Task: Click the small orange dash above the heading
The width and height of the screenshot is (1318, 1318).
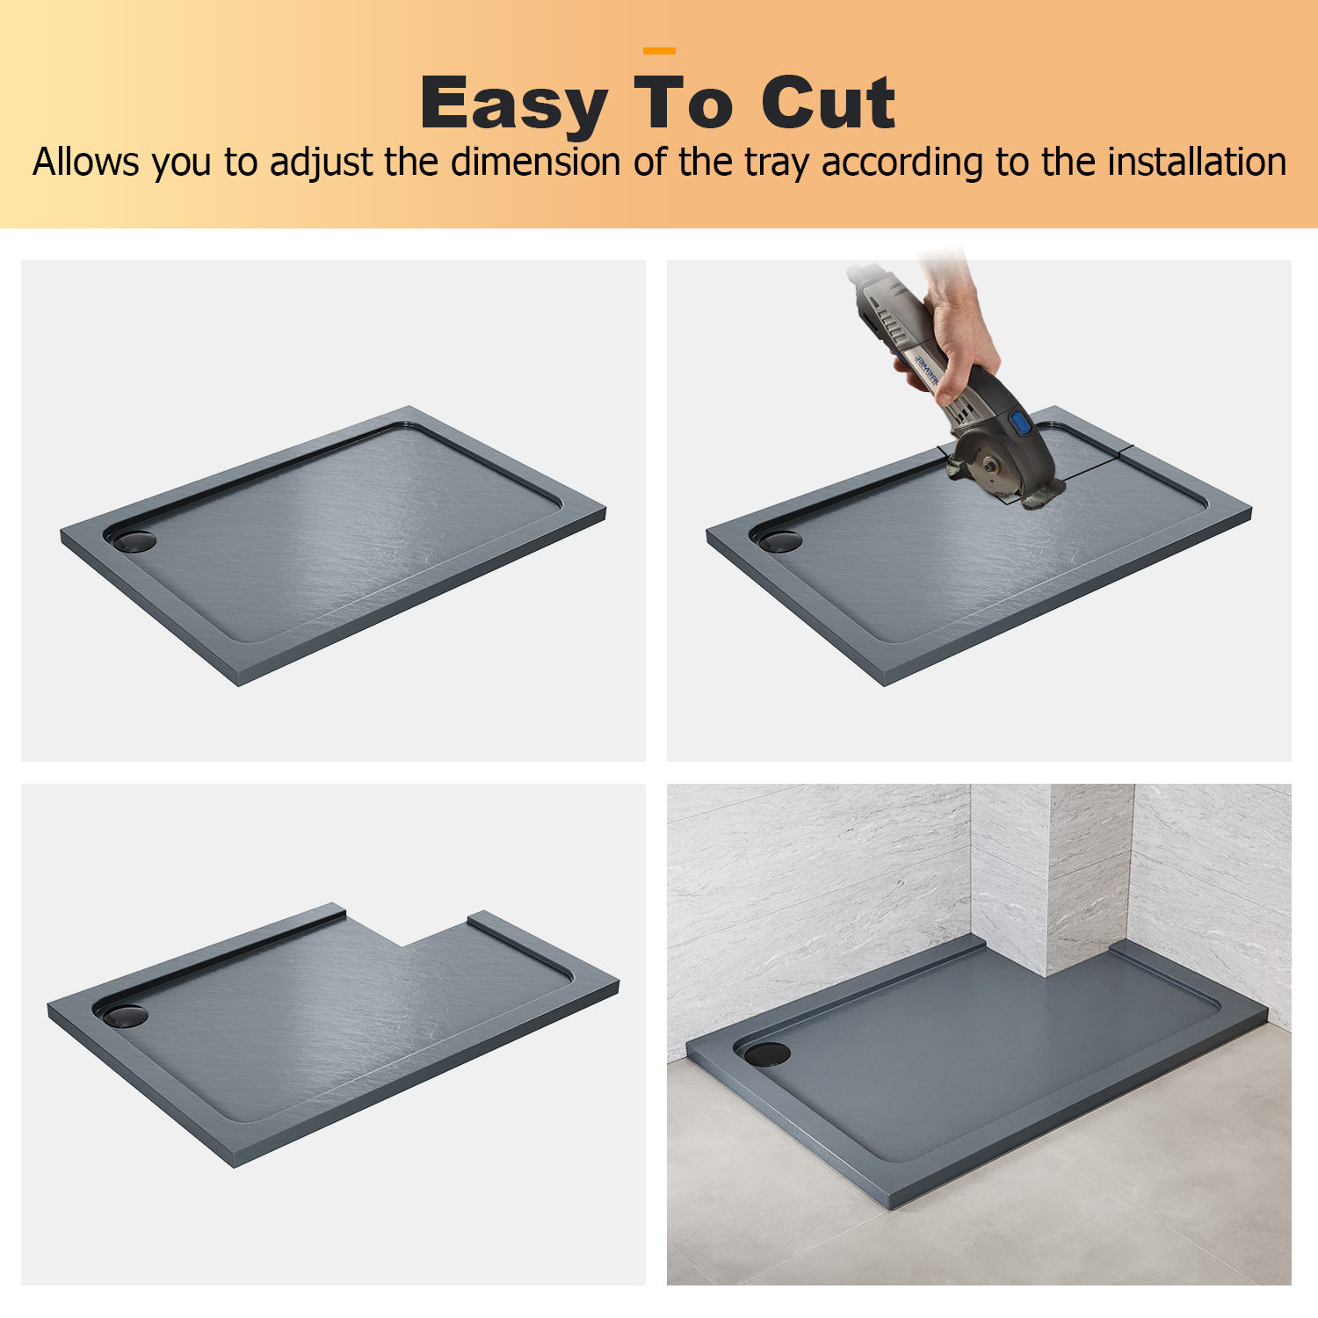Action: click(659, 51)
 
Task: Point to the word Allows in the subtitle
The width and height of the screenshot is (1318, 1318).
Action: click(86, 163)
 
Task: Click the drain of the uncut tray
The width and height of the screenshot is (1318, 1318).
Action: click(134, 540)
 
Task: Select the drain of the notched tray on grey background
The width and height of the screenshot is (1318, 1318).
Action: click(126, 1016)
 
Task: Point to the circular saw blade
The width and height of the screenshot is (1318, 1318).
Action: click(996, 466)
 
